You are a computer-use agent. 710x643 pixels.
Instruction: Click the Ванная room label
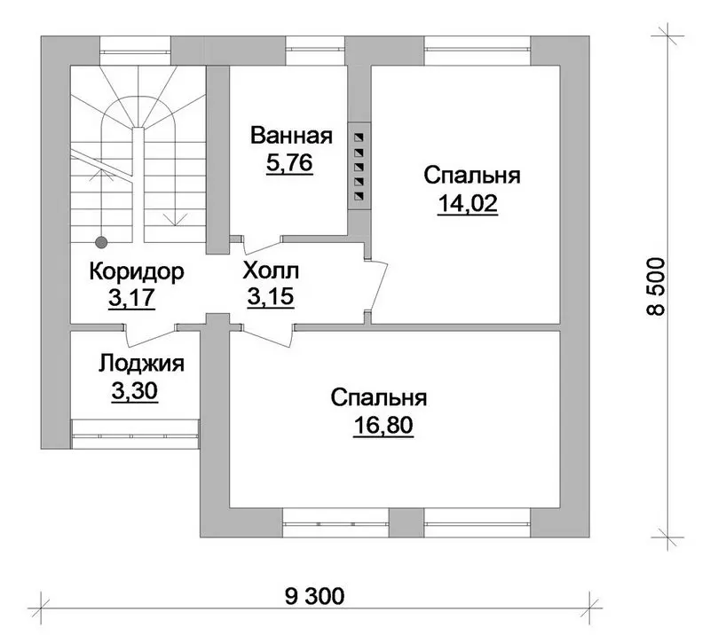pos(291,136)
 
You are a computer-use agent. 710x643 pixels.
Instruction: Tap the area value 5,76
pos(289,163)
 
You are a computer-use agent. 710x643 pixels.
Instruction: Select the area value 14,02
pos(468,204)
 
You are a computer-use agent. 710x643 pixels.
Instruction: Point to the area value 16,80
pos(383,426)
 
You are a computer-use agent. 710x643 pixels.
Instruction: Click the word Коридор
pos(137,271)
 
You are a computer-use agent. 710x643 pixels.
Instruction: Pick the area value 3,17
pos(131,298)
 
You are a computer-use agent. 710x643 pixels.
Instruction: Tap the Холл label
pos(271,271)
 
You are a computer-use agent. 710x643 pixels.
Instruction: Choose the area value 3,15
pos(271,297)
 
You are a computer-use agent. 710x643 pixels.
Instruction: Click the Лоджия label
pos(141,364)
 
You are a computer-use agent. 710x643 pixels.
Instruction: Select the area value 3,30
pos(135,391)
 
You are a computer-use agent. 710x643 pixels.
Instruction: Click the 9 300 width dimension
pos(315,596)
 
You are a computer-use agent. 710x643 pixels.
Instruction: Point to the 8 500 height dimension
pos(656,286)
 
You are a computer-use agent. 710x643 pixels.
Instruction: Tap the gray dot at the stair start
pos(101,242)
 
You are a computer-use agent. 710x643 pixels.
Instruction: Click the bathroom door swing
pos(263,245)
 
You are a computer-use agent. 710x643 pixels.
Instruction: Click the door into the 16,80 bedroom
pos(268,335)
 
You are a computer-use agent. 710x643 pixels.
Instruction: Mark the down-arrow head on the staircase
pos(175,219)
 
